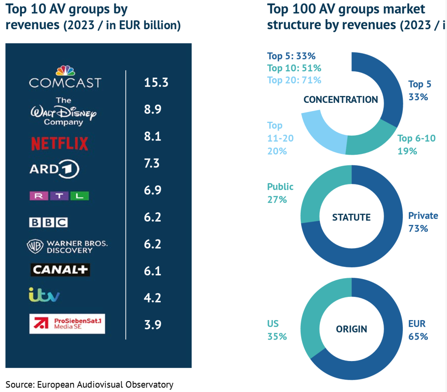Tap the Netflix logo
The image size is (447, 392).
(x=60, y=143)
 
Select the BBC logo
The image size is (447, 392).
(x=48, y=222)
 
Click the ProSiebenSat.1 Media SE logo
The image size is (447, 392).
(x=67, y=324)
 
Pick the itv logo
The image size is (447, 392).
(x=44, y=296)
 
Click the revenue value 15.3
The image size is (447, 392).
(x=156, y=82)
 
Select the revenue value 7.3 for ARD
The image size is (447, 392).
(x=152, y=164)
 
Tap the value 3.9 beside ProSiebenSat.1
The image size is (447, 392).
(x=152, y=324)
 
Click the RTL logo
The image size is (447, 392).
(x=59, y=196)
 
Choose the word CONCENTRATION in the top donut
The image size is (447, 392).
(x=340, y=99)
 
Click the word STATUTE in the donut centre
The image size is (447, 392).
(x=351, y=217)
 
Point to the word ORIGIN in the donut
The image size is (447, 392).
(x=351, y=329)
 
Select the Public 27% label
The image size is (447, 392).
(x=280, y=193)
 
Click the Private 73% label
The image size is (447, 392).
(x=423, y=222)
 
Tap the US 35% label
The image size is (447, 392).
(x=277, y=330)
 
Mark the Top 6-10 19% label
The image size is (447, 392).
(x=416, y=145)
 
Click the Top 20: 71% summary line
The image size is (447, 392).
(x=294, y=80)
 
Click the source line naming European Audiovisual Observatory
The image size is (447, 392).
(x=89, y=384)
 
